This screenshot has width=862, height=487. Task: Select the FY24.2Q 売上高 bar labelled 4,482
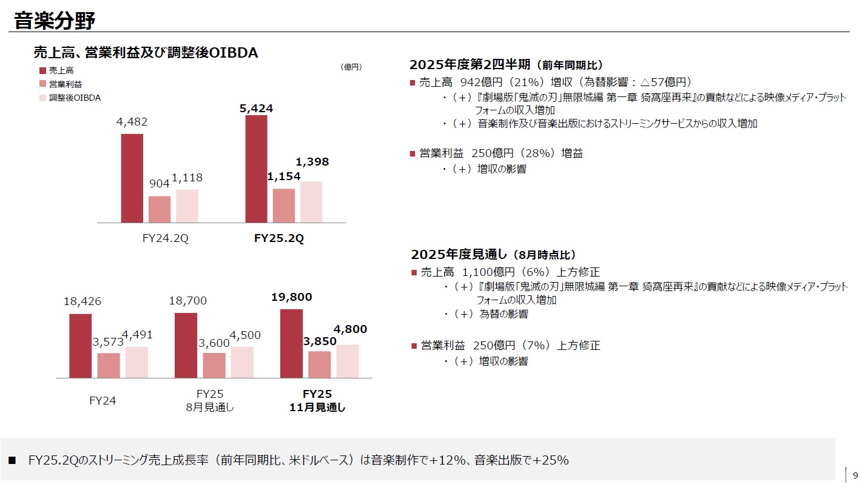click(132, 178)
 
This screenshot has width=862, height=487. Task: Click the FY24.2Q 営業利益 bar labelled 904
click(160, 209)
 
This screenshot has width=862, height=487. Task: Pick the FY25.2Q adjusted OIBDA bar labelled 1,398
click(311, 202)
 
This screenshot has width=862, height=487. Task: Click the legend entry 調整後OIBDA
click(75, 98)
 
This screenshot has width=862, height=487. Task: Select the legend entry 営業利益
click(66, 84)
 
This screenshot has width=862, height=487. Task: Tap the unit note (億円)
click(352, 67)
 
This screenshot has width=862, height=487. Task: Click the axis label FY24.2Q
click(165, 238)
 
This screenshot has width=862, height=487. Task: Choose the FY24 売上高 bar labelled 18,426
click(81, 346)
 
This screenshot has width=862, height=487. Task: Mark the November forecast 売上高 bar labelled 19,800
click(291, 343)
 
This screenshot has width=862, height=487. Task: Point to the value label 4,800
click(350, 329)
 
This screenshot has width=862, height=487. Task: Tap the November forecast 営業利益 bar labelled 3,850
click(319, 364)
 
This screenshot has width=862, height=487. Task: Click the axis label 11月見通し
click(317, 408)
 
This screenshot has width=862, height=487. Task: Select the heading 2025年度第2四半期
click(470, 65)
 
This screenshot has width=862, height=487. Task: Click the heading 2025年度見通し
click(459, 255)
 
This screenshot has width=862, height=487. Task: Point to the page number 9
click(855, 475)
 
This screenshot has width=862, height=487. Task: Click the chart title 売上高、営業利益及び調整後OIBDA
click(146, 53)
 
